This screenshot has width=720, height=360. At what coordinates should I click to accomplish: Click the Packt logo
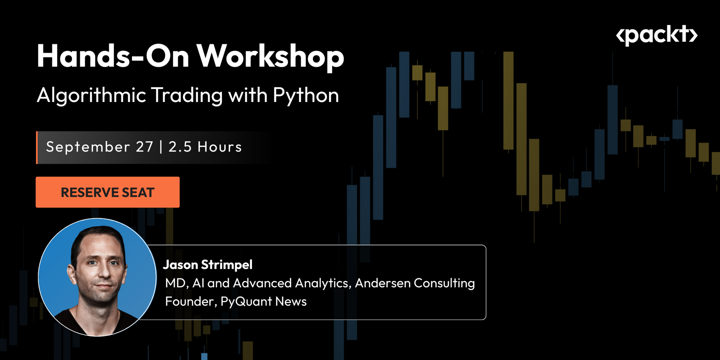[x=656, y=36]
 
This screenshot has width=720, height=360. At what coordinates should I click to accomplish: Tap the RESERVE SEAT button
[x=108, y=192]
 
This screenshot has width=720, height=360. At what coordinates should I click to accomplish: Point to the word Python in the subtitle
[x=306, y=96]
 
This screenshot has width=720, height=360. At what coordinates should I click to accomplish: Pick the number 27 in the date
[x=144, y=147]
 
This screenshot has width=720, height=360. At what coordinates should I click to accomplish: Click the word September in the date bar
[x=88, y=147]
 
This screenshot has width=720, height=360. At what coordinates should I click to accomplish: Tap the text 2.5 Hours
[x=205, y=147]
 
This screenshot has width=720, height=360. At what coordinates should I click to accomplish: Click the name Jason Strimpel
[x=208, y=265]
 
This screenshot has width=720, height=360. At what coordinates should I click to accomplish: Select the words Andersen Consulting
[x=415, y=283]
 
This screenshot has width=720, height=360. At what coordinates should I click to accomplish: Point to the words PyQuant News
[x=263, y=301]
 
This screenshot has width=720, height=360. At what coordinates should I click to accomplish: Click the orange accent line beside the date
[x=37, y=147]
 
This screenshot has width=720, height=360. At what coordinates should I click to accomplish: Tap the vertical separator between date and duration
[x=161, y=147]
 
